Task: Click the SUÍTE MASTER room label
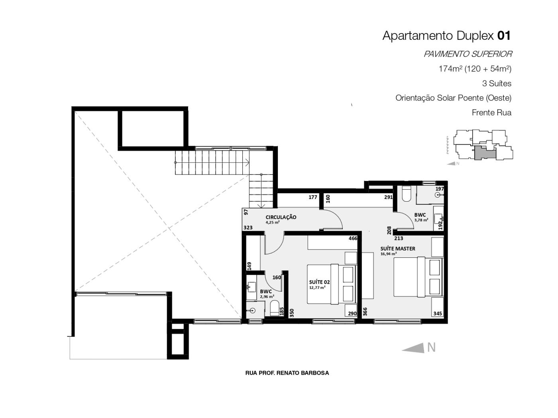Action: (x=398, y=249)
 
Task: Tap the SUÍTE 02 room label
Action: (x=319, y=282)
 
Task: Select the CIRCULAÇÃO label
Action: (x=281, y=217)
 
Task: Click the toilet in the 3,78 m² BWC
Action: (x=406, y=194)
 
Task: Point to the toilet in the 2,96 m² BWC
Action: (x=275, y=308)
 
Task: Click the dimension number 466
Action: (x=353, y=238)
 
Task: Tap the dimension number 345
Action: (x=438, y=314)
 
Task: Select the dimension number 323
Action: (x=248, y=228)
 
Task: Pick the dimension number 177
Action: (x=313, y=197)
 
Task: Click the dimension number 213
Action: (x=399, y=238)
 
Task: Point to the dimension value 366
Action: (x=365, y=312)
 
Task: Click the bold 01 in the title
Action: (x=504, y=35)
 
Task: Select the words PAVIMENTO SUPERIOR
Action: (x=468, y=54)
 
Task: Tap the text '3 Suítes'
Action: (x=497, y=84)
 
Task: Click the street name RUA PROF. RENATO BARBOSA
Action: (x=287, y=373)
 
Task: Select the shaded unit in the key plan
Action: (x=484, y=153)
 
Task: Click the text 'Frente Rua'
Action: (x=492, y=112)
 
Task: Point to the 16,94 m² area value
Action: (x=389, y=254)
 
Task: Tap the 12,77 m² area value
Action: (x=317, y=288)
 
